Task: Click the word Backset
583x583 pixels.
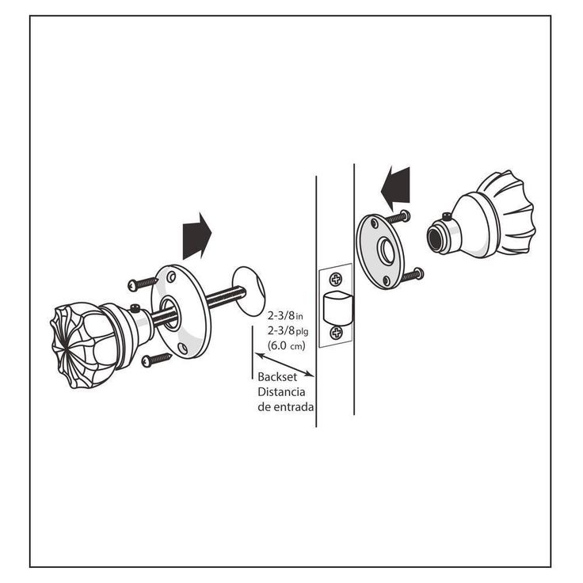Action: [x=277, y=377]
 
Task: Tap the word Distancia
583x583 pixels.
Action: [x=281, y=392]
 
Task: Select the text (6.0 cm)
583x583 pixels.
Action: [x=286, y=346]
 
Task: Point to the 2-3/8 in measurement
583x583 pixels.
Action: [x=285, y=316]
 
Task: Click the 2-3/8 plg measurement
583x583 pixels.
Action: [x=288, y=331]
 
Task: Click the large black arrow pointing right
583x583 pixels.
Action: [x=197, y=236]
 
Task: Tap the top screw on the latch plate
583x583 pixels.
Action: [x=336, y=279]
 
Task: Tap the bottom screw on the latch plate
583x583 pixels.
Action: [x=337, y=333]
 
